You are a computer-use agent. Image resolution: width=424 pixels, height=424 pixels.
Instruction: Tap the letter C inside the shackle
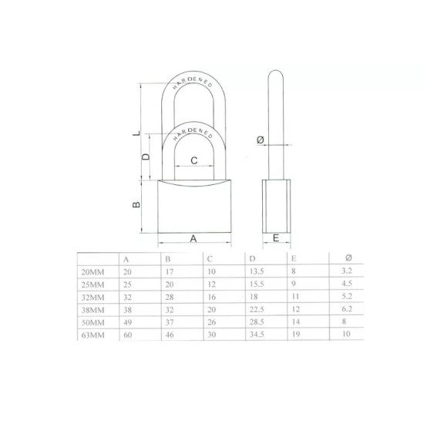point(194,160)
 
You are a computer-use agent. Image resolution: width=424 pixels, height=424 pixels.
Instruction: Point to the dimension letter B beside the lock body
point(136,206)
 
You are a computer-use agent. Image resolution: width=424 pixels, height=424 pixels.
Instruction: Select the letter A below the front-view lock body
point(193,239)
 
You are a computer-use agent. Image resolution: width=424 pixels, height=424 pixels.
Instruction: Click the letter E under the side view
point(275,239)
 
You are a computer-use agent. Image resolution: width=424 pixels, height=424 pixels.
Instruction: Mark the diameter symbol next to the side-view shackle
point(260,140)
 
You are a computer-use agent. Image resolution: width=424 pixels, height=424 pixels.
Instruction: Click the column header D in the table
point(251,259)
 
